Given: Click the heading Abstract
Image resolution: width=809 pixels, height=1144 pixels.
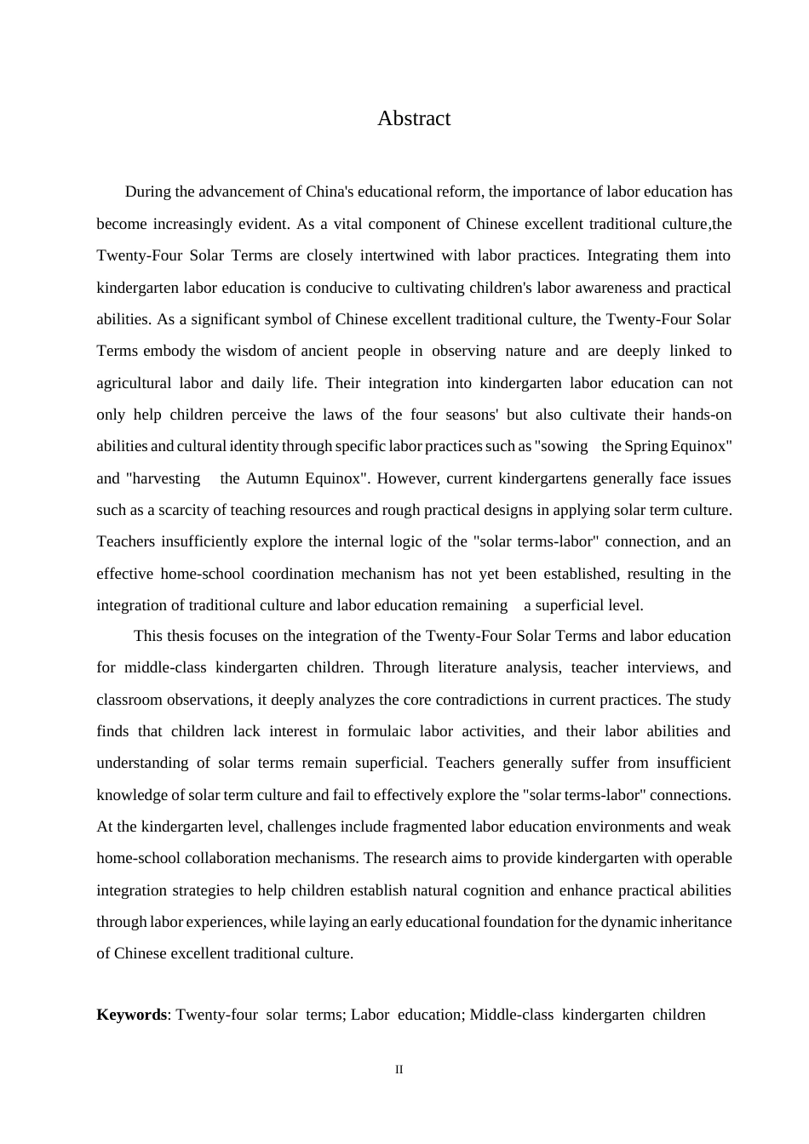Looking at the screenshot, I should pyautogui.click(x=414, y=118).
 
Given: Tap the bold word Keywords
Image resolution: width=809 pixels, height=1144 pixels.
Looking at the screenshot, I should pyautogui.click(x=131, y=1015).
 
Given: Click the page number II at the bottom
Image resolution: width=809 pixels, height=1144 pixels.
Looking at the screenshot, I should pyautogui.click(x=399, y=1070).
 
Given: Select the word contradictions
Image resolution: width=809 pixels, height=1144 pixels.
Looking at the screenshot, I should pyautogui.click(x=435, y=700).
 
